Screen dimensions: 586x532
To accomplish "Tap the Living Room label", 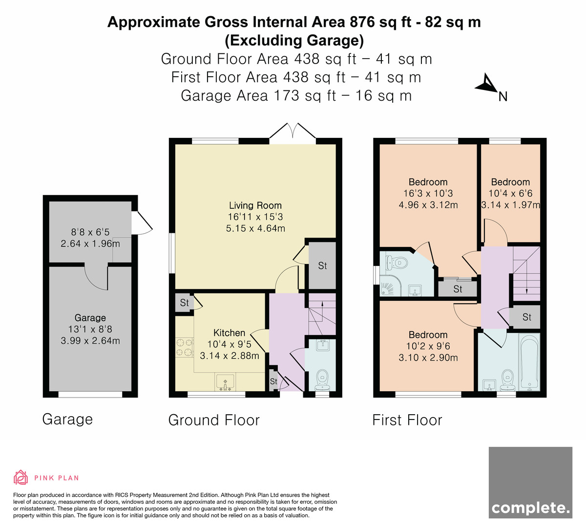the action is [255, 205].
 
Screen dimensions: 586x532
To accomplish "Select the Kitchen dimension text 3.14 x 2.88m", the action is [230, 355].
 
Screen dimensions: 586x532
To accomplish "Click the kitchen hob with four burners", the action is [184, 347].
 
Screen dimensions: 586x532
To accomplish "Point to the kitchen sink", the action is [225, 382].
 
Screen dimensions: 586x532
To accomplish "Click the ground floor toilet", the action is [322, 380].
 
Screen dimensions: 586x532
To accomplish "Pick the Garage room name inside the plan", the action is [90, 318].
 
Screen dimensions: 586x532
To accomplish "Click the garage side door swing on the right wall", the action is [142, 222].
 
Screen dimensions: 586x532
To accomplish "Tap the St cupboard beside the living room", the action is [322, 266].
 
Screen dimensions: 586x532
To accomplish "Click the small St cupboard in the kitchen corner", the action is [184, 303].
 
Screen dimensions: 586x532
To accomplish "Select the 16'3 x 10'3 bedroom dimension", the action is [428, 194].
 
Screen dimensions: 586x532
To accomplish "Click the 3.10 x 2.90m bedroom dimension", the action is [428, 357].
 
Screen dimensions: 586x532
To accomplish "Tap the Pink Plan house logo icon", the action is [21, 477].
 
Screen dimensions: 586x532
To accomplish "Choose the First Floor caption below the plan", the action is [407, 420].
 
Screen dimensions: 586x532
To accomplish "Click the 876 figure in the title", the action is [362, 22].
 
